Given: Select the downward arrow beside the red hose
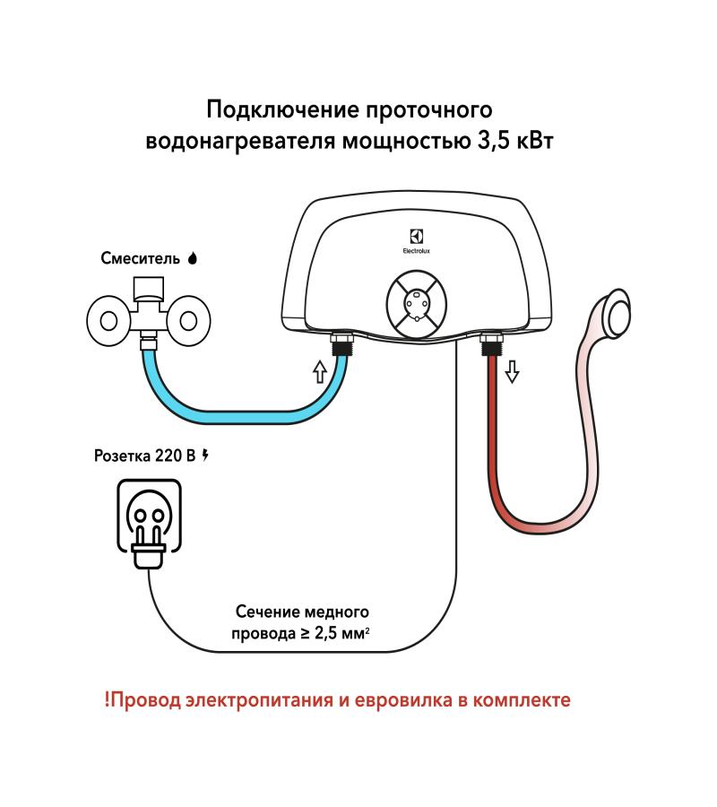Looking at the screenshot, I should [512, 370].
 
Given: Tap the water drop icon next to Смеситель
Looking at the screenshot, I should [191, 258].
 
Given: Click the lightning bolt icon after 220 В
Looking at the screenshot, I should [207, 455].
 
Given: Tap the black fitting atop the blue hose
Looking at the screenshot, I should [341, 344].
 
